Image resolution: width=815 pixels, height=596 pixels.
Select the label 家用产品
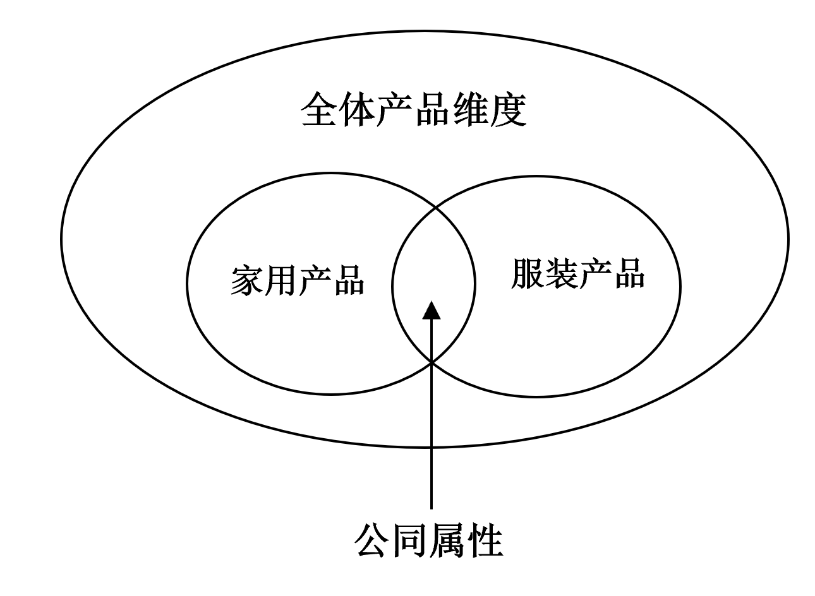click(x=298, y=279)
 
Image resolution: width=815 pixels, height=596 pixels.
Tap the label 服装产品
click(x=577, y=273)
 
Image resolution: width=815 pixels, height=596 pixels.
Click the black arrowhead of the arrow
click(x=432, y=310)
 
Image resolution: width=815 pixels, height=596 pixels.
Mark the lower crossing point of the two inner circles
click(x=432, y=362)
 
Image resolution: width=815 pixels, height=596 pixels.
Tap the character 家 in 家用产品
click(x=247, y=279)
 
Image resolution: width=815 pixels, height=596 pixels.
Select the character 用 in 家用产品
click(x=281, y=279)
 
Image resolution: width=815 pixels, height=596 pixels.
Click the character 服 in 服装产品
click(x=527, y=273)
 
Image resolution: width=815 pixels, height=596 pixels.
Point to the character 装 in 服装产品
click(x=560, y=273)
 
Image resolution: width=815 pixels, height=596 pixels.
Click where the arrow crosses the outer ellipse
click(x=432, y=447)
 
